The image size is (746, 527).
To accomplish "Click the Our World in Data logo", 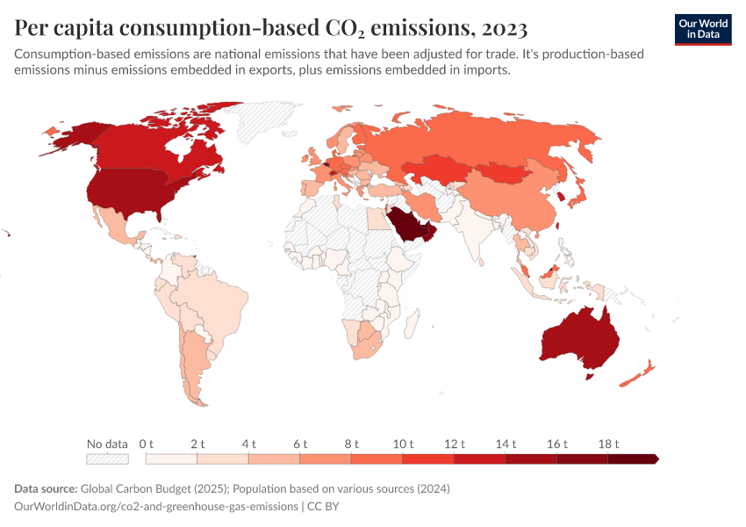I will [702, 29].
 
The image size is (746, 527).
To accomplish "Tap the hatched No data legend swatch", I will [107, 458].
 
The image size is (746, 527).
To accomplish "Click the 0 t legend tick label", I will [147, 444].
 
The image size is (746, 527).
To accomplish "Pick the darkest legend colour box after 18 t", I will [632, 458].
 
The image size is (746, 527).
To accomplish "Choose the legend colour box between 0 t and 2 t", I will [171, 458].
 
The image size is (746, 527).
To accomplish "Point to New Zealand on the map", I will [636, 373].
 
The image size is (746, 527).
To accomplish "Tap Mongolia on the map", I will [505, 172].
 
